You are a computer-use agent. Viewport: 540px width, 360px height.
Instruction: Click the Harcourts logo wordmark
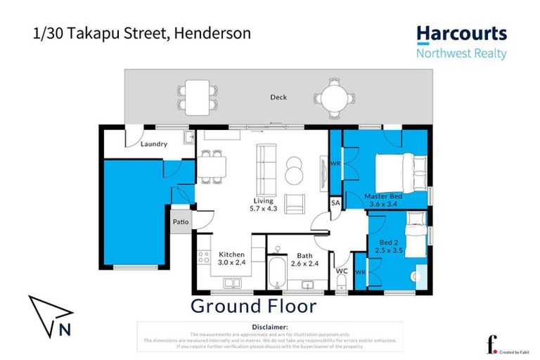point(461,34)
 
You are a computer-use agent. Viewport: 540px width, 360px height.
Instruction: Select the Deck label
point(278,98)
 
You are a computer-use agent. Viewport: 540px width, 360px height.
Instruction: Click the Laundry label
point(153,144)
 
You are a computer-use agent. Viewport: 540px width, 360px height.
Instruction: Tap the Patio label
point(181,222)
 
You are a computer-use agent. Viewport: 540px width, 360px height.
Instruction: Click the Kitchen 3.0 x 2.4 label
point(231,258)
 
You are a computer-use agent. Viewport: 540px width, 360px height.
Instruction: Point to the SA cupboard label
point(335,203)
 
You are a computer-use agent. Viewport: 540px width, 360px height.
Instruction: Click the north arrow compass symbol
point(50,314)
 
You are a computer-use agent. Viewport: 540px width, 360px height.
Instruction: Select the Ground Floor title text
point(254,306)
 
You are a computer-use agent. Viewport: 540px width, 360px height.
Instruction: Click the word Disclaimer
point(269,327)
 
